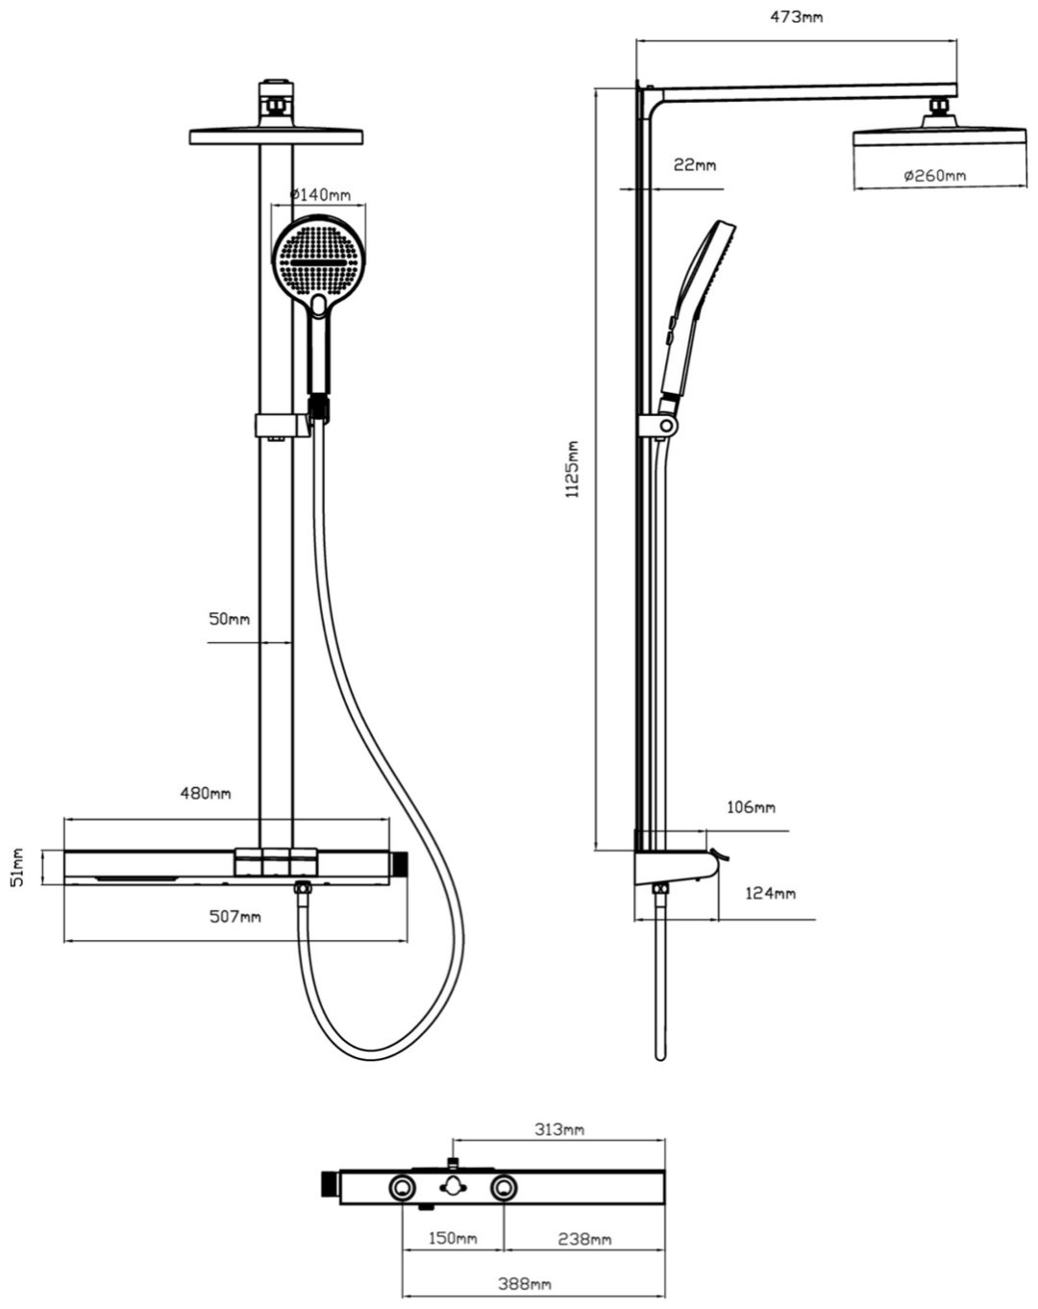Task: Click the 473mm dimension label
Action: point(798,16)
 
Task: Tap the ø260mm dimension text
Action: point(934,175)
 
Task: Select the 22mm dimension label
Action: point(694,164)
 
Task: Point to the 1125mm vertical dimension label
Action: point(573,469)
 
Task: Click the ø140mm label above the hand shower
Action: point(321,194)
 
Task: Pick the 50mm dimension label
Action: point(229,619)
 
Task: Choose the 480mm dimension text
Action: point(206,794)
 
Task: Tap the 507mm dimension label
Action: point(235,916)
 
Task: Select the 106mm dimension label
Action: point(751,807)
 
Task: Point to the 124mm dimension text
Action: point(771,894)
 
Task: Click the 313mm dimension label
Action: point(559,1129)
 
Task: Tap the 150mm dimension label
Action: point(453,1239)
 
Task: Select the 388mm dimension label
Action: point(527,1284)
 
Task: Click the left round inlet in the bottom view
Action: point(404,1188)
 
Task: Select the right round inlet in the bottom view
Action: point(503,1188)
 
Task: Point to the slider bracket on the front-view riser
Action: point(283,425)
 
